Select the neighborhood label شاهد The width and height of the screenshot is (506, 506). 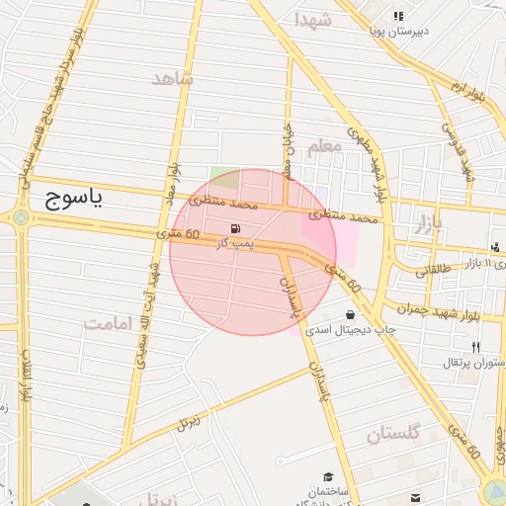pos(172,79)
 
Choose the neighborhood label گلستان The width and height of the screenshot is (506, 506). pos(393,433)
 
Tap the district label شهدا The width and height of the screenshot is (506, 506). pos(311,20)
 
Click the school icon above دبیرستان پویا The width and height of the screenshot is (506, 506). pos(398,16)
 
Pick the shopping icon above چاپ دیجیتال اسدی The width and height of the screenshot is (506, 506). pos(351,314)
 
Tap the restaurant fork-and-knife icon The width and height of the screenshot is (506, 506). pos(476,347)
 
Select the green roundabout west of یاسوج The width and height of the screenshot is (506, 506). pos(19,217)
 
